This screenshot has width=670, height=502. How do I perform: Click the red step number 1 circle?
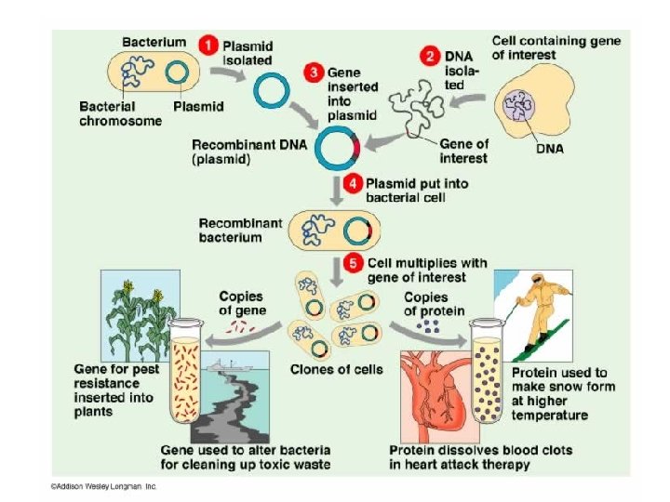(210, 43)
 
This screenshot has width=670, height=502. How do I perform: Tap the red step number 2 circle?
(429, 56)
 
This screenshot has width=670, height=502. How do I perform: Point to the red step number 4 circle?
(353, 183)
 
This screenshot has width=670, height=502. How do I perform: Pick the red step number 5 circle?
(353, 263)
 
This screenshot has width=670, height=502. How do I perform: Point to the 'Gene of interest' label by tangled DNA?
(463, 151)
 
